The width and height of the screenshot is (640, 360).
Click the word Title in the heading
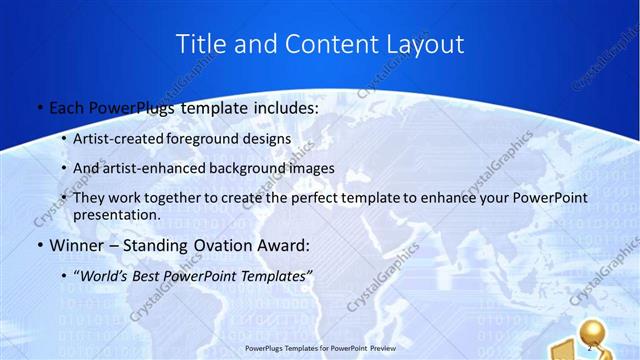[199, 44]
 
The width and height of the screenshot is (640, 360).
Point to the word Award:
[283, 245]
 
